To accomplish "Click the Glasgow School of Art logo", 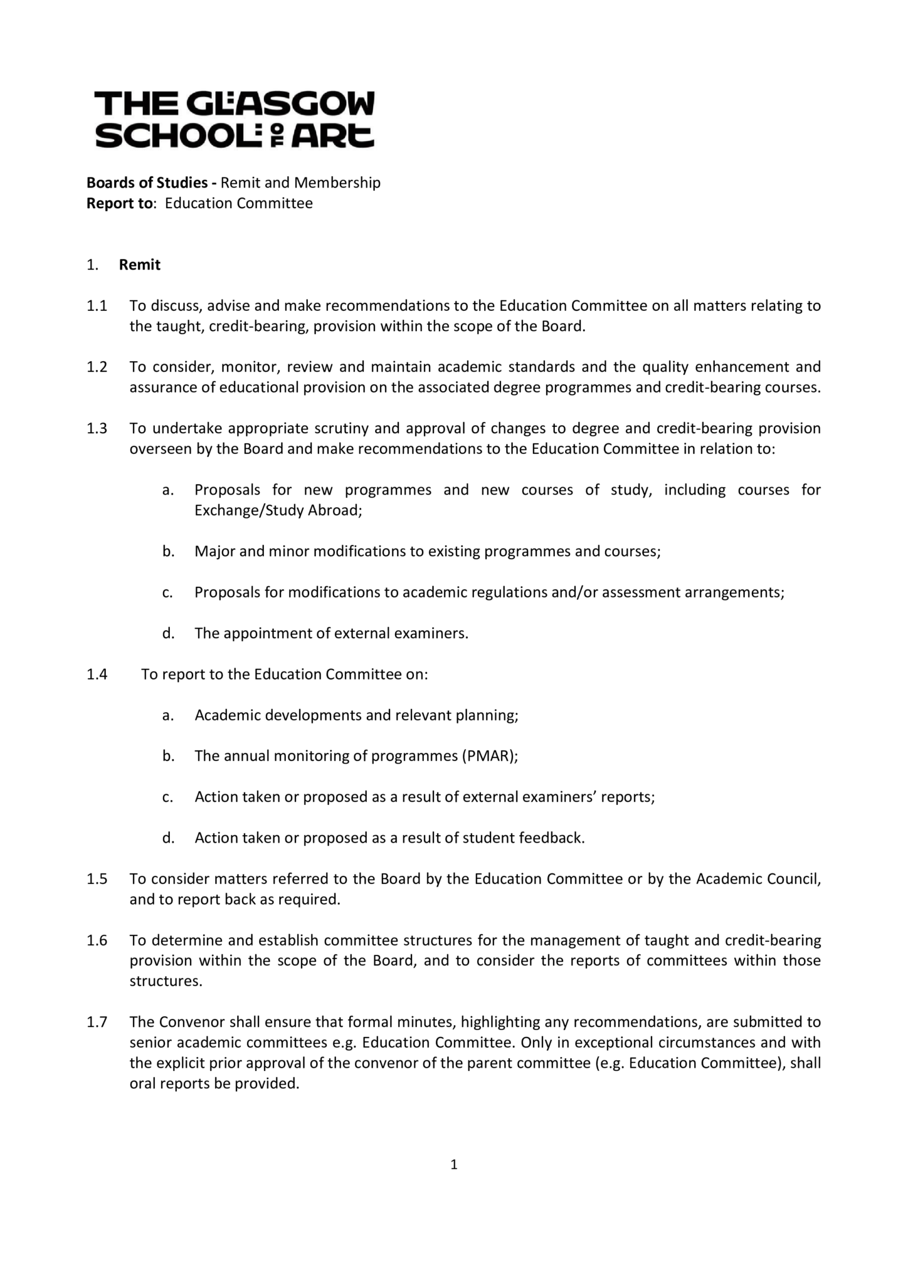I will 235,119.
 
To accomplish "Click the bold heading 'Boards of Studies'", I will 147,182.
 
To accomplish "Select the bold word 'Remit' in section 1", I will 140,265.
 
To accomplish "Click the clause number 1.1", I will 97,306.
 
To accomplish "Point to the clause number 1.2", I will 97,367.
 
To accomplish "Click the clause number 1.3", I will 97,428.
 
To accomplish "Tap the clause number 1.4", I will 97,674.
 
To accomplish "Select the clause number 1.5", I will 97,879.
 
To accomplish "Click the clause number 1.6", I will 97,940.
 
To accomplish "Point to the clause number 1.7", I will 97,1022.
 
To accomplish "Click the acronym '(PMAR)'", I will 490,756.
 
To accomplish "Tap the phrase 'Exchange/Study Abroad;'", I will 278,510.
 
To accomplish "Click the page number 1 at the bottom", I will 454,1165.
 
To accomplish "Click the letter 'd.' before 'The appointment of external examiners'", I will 167,633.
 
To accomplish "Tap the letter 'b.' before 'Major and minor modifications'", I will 167,552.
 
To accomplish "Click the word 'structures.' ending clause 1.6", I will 166,981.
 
